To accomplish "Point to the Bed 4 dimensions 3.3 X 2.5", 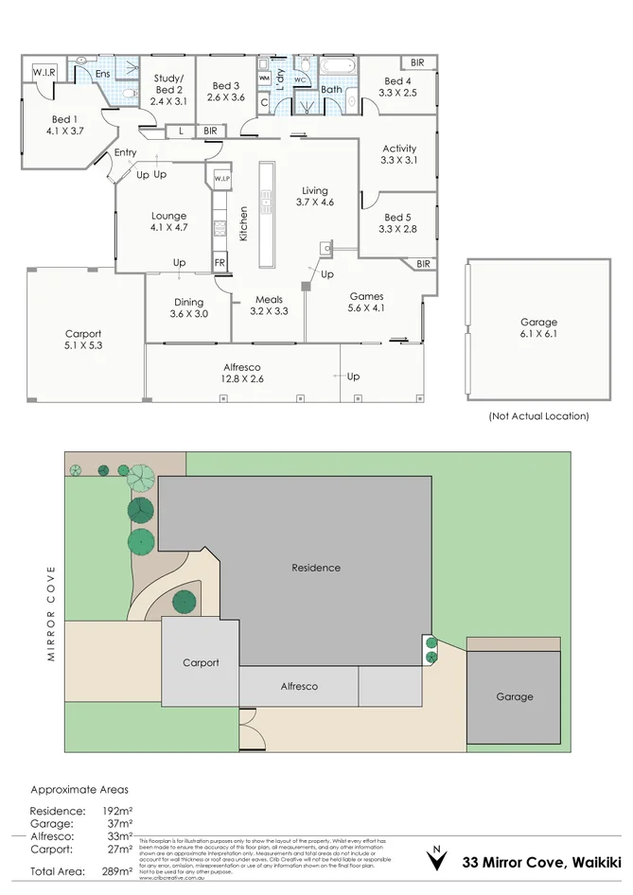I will (396, 93).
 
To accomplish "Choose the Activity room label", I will (398, 149).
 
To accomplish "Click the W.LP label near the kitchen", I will (221, 178).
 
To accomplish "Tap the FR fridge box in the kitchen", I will (220, 262).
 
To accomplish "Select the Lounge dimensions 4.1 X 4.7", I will (170, 227).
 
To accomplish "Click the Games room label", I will (366, 296).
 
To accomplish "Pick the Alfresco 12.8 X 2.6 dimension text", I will (241, 379).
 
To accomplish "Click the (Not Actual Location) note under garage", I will (537, 415).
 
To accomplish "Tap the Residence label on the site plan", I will (315, 568).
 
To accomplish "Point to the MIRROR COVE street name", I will (53, 613).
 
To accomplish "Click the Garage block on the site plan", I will (514, 696).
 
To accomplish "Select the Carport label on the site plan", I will (201, 662).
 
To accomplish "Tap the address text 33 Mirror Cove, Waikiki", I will (541, 862).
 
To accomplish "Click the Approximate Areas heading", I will (79, 788).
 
